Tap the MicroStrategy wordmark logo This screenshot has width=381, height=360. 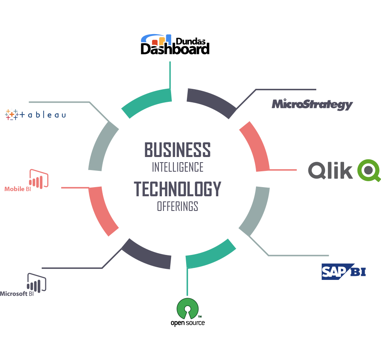(x=312, y=104)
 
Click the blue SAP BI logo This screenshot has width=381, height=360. (x=343, y=272)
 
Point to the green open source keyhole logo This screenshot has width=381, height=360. (x=187, y=308)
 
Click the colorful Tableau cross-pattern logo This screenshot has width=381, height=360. (x=12, y=114)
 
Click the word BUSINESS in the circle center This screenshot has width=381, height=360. (x=177, y=150)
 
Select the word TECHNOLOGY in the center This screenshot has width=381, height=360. (x=177, y=189)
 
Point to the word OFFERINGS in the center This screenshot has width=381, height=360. (x=177, y=207)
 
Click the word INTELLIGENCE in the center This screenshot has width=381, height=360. (x=177, y=167)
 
